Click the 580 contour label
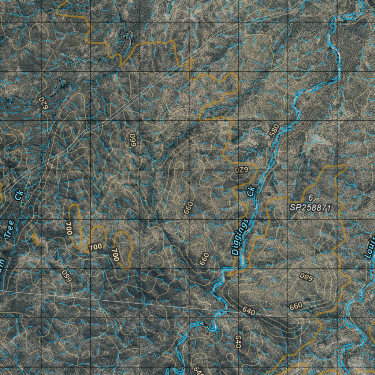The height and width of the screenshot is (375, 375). [x=274, y=131]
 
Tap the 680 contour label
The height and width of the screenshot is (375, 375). [x=306, y=277]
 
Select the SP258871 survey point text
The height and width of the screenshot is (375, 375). [x=311, y=208]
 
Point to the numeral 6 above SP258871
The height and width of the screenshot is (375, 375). [x=311, y=198]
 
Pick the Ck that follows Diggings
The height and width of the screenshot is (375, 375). [x=251, y=191]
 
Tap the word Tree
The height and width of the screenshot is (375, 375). [x=9, y=229]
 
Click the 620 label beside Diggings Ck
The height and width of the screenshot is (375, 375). [x=242, y=170]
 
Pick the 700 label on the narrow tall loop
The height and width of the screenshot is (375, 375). [x=69, y=228]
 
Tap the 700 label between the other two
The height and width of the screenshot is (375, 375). [x=95, y=247]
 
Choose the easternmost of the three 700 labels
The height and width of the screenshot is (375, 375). [x=115, y=255]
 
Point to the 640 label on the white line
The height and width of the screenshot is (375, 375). [x=249, y=311]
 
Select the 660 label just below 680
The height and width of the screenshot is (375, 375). [x=296, y=305]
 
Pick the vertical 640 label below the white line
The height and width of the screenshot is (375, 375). [x=238, y=341]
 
